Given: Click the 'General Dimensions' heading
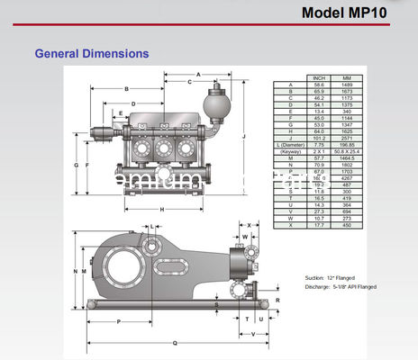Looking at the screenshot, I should [x=91, y=54].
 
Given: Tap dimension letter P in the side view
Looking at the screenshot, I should [x=119, y=321].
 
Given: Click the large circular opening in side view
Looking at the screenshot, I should [x=119, y=267].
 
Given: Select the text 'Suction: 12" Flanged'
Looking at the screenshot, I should [x=332, y=278].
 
